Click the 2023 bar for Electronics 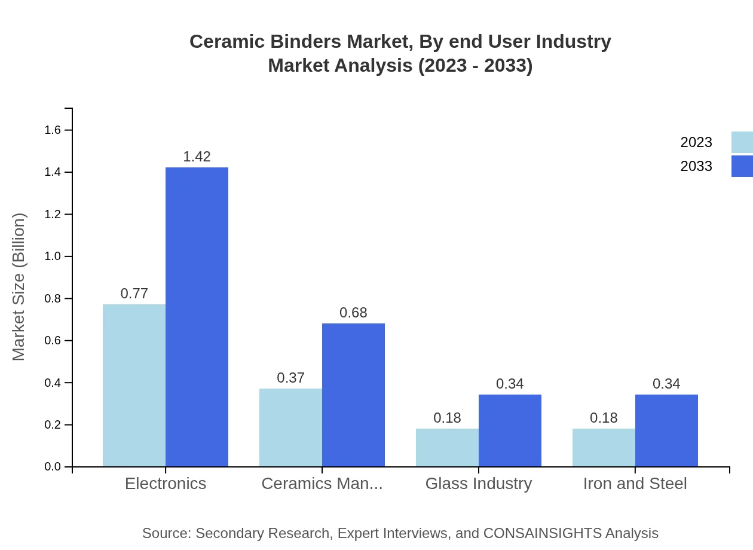point(134,386)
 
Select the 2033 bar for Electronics point(197,317)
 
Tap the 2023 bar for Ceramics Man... point(290,427)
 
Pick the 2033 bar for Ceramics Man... point(353,395)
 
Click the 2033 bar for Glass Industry point(510,430)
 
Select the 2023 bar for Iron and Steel point(604,447)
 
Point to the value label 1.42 point(197,157)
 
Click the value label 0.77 point(134,294)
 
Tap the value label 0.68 point(353,313)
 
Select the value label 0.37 point(290,378)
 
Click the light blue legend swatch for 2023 point(742,142)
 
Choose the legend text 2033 point(696,166)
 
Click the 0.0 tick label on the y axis point(53,467)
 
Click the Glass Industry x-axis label point(478,483)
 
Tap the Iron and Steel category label point(635,483)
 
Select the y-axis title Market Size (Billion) point(19,287)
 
